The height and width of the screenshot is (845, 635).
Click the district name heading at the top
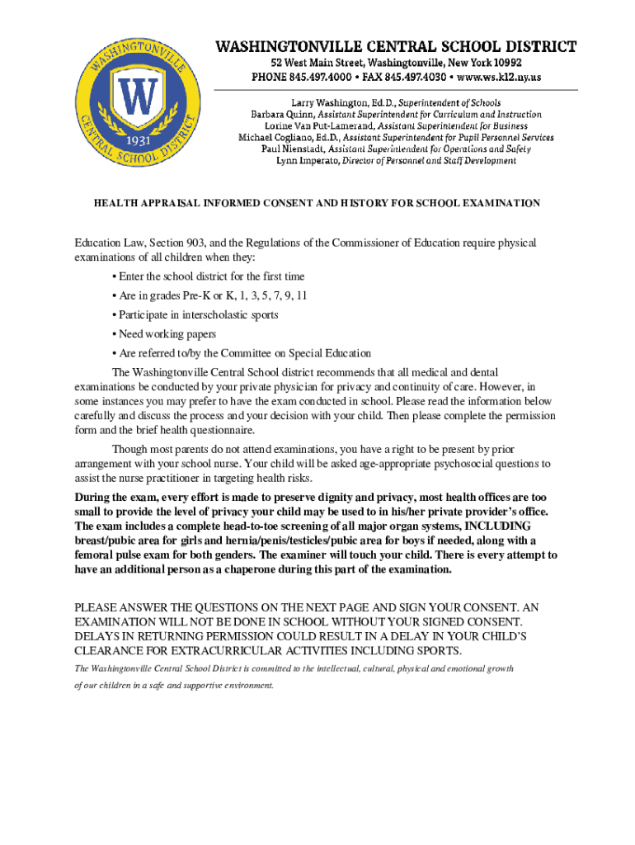396,46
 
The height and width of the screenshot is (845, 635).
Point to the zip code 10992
504,62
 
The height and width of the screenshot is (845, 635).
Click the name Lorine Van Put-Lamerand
311,125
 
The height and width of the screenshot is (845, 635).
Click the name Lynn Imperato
308,161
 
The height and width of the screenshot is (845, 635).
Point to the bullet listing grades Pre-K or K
213,295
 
